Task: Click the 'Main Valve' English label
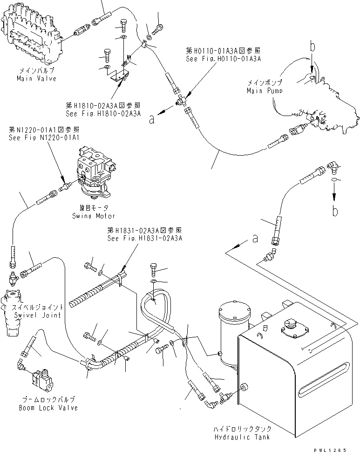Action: pyautogui.click(x=36, y=78)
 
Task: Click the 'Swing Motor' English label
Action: pyautogui.click(x=93, y=216)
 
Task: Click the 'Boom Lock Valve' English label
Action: pyautogui.click(x=48, y=408)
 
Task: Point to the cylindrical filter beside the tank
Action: pyautogui.click(x=234, y=329)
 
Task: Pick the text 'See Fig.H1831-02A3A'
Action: pyautogui.click(x=145, y=238)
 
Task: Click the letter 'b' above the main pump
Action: pyautogui.click(x=313, y=47)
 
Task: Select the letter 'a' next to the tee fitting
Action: pyautogui.click(x=151, y=119)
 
